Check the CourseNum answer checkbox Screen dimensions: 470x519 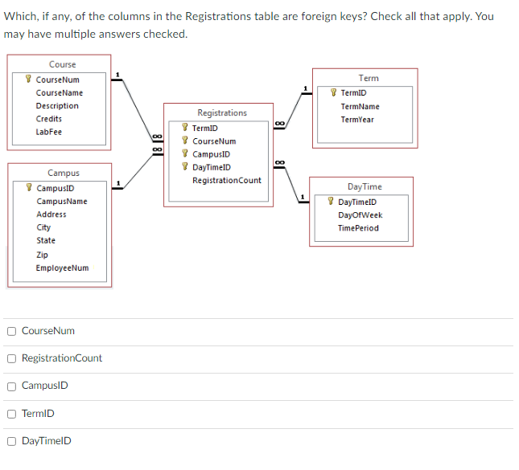click(11, 331)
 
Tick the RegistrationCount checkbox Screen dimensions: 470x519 click(11, 358)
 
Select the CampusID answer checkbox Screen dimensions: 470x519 click(11, 386)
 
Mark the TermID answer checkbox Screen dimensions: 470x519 click(11, 413)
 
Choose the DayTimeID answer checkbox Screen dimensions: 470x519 click(11, 440)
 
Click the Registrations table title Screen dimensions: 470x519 click(222, 113)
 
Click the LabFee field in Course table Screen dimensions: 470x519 click(48, 132)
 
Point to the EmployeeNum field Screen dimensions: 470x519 click(62, 268)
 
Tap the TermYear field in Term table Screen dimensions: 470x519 click(356, 120)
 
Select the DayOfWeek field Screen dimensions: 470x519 click(360, 215)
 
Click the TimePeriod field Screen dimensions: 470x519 click(358, 228)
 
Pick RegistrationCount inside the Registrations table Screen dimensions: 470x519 click(226, 180)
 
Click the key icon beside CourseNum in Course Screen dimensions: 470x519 click(29, 80)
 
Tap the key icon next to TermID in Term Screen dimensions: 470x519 click(334, 93)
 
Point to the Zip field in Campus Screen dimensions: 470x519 click(42, 255)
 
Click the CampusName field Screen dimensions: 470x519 click(61, 202)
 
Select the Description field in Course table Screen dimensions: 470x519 click(57, 106)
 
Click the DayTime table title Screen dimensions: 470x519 click(365, 186)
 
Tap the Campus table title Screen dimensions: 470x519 click(63, 173)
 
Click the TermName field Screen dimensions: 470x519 click(360, 107)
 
